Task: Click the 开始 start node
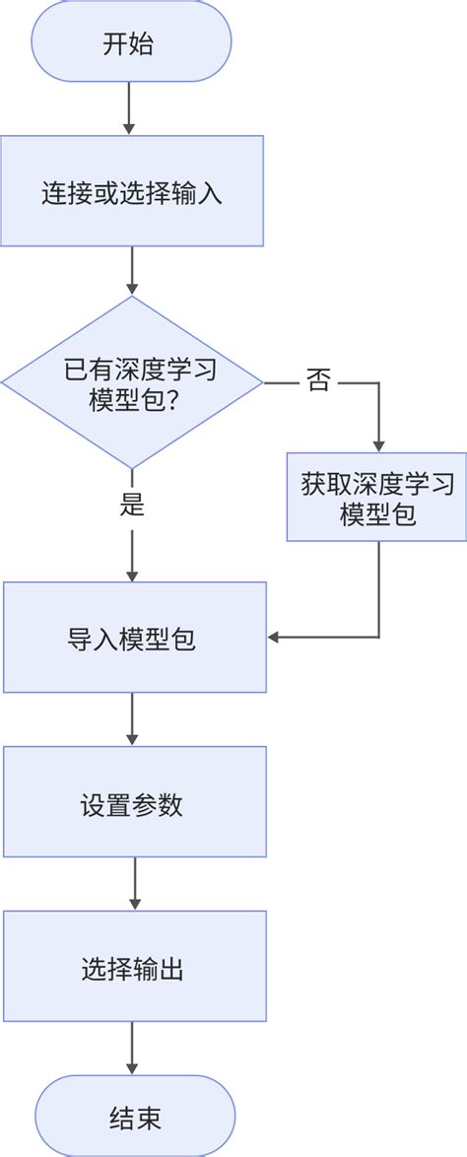pyautogui.click(x=131, y=44)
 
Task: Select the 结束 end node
pyautogui.click(x=135, y=1118)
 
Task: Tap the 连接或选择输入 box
pyautogui.click(x=132, y=192)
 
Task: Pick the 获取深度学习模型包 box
pyautogui.click(x=377, y=498)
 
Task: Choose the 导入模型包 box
pyautogui.click(x=135, y=638)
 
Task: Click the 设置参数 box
pyautogui.click(x=135, y=802)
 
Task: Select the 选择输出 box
pyautogui.click(x=135, y=967)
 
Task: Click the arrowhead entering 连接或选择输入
pyautogui.click(x=129, y=128)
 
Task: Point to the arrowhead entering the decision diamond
pyautogui.click(x=132, y=288)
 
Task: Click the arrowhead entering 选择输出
pyautogui.click(x=135, y=904)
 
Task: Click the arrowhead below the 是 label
pyautogui.click(x=133, y=575)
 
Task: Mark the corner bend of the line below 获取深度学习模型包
pyautogui.click(x=378, y=638)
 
